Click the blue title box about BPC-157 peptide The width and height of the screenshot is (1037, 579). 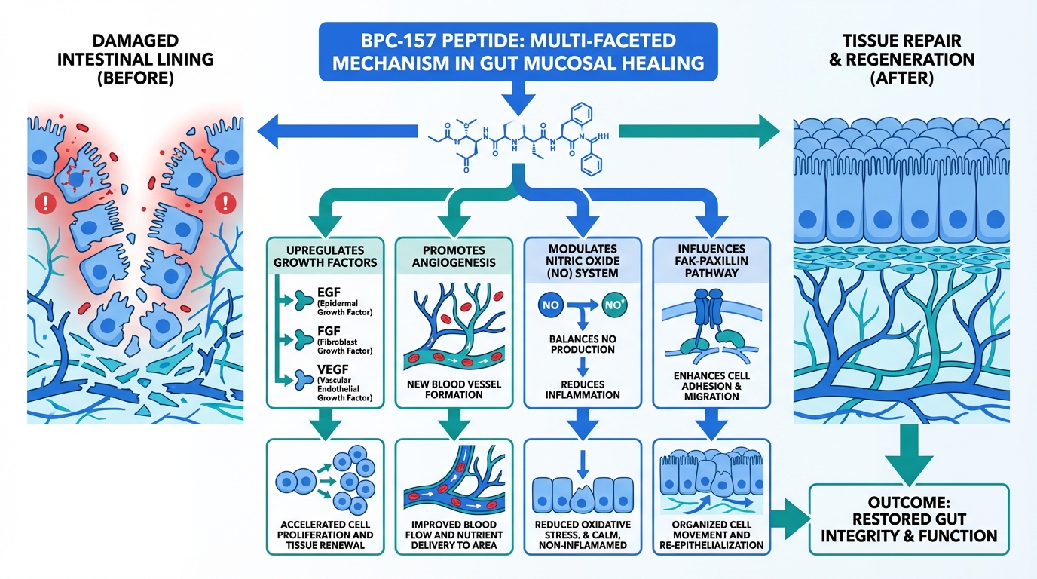point(518,51)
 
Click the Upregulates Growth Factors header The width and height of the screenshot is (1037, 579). point(326,256)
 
